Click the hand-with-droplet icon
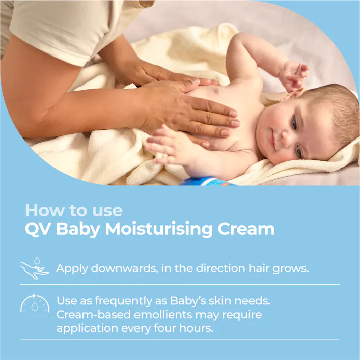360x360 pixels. coord(34,268)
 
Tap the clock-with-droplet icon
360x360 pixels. coord(34,303)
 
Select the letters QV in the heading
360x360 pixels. coord(38,229)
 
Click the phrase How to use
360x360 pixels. coord(73,210)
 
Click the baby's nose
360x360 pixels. coord(286,136)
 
